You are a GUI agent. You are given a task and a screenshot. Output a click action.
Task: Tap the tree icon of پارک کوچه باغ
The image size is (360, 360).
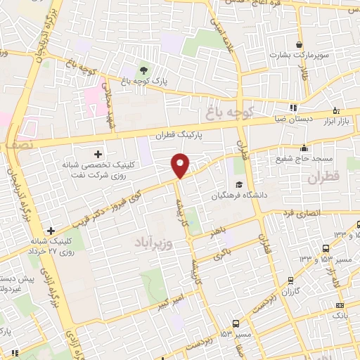(x=143, y=70)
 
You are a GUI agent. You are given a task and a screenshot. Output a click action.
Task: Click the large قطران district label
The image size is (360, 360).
(x=323, y=177)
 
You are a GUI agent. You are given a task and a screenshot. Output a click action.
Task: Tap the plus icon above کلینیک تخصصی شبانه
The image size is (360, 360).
(x=97, y=153)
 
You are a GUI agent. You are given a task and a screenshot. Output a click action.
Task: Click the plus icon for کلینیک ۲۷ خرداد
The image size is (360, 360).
(x=51, y=230)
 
